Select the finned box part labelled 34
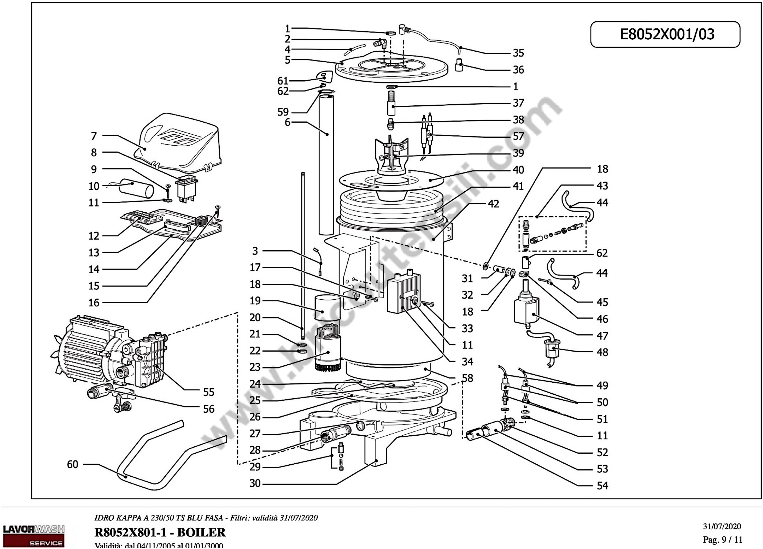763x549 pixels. click(404, 293)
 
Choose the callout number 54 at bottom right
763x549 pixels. click(602, 486)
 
